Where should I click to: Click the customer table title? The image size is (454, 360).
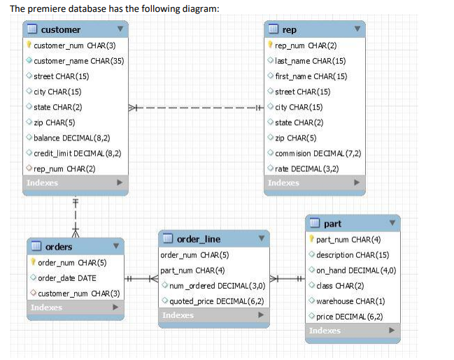click(61, 29)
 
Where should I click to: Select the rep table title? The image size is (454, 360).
click(289, 29)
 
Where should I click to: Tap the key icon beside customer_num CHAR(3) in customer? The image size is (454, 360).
click(29, 45)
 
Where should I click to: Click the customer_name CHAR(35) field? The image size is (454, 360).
click(79, 61)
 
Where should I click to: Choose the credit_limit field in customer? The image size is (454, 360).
click(78, 153)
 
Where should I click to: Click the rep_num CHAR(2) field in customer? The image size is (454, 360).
click(64, 168)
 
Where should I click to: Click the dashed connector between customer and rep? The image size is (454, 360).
click(196, 108)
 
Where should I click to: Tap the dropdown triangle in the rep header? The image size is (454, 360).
click(357, 29)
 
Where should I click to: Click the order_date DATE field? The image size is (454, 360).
click(67, 278)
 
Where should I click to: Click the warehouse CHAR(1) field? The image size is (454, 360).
click(350, 301)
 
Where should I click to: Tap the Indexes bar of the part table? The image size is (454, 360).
click(353, 331)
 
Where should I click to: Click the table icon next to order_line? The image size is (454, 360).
click(168, 238)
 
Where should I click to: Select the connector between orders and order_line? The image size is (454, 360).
click(141, 279)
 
